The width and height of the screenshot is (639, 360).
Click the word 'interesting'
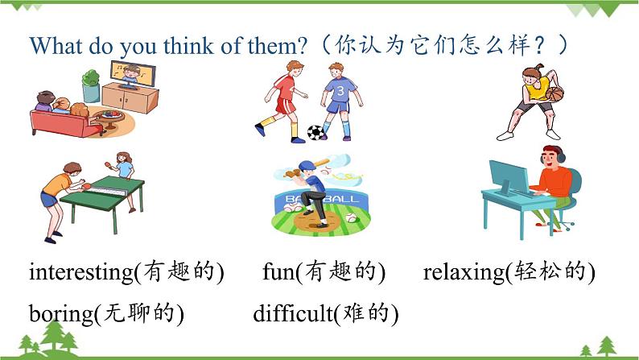[80, 272]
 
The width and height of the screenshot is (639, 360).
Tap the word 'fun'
[279, 272]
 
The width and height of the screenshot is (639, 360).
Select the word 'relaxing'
[463, 272]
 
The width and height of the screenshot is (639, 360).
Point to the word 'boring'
[60, 312]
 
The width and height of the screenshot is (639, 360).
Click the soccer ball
[315, 132]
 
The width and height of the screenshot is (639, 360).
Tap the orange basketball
[555, 93]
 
